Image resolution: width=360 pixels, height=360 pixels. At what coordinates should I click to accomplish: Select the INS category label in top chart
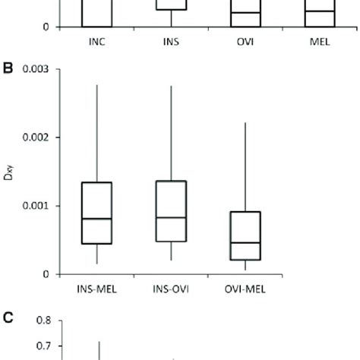point(171,42)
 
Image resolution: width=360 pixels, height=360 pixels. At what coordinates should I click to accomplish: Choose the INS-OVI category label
point(171,289)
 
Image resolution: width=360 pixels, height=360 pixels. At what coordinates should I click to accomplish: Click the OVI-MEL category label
point(245,289)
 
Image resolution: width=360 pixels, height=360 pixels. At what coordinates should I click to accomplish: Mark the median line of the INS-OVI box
point(171,217)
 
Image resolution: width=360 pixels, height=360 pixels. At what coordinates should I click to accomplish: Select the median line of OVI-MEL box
point(245,242)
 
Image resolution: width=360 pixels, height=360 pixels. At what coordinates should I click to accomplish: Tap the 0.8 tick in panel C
point(42,321)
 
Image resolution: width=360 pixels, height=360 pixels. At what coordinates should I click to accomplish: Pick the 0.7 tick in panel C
point(42,346)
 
